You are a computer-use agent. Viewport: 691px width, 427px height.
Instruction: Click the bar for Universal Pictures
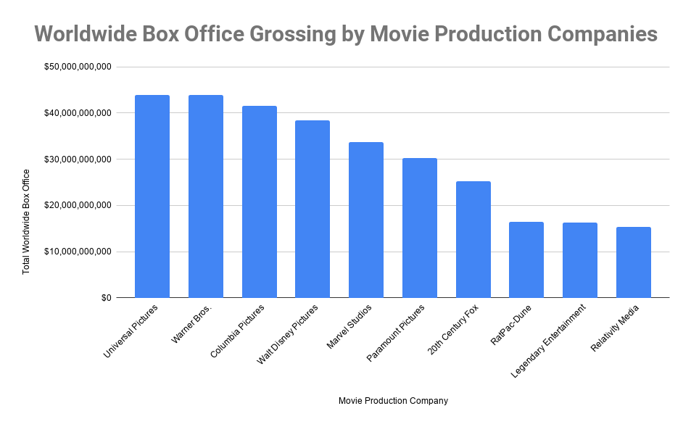click(x=152, y=196)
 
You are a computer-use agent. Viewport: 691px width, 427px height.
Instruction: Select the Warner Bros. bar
click(x=205, y=196)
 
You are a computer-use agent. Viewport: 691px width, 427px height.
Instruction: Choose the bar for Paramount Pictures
click(x=420, y=228)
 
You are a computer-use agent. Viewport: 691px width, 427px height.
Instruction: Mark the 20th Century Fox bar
click(x=473, y=239)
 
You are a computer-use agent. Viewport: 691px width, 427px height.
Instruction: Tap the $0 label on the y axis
click(x=106, y=298)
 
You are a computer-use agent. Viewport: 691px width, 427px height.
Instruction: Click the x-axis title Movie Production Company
click(x=393, y=401)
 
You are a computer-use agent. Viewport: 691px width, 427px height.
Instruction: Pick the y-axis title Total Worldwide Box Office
click(x=27, y=221)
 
